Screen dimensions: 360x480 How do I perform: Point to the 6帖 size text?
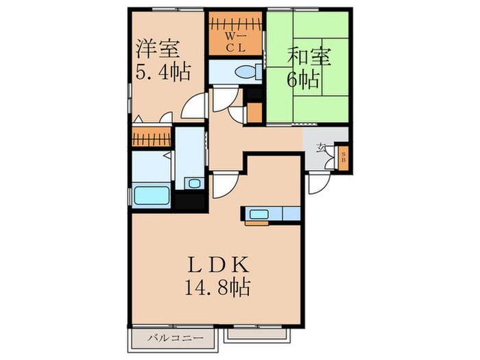click(x=302, y=79)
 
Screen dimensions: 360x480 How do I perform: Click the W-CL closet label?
click(x=235, y=38)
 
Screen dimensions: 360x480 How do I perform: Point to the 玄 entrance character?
click(x=322, y=147)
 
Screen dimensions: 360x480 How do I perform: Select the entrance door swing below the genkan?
click(x=318, y=183)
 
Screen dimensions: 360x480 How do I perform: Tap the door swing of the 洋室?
click(x=195, y=106)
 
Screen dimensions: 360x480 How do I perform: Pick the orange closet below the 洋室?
click(x=151, y=137)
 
